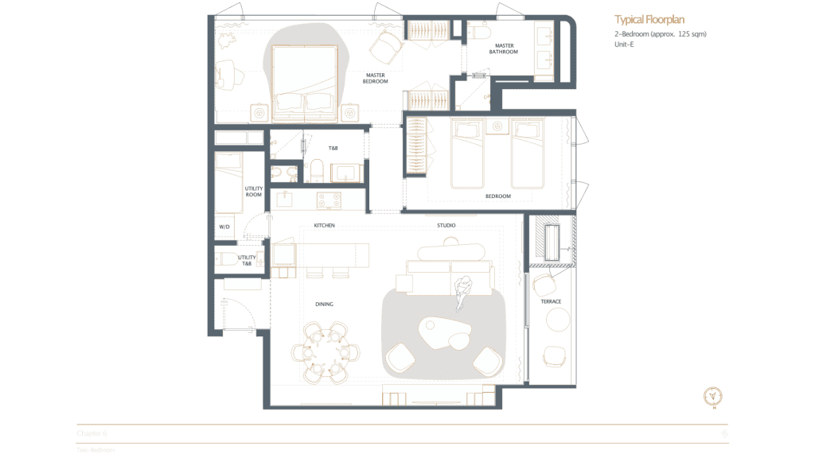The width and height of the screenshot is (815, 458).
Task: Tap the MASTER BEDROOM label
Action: pos(375,78)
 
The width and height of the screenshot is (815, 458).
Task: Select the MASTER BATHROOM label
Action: pos(504,49)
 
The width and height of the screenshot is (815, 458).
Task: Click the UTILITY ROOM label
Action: pos(253,192)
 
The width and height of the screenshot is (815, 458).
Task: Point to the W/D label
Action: pos(224,227)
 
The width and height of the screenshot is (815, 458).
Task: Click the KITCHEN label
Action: pos(324,226)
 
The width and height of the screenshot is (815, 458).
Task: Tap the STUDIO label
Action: pos(446,226)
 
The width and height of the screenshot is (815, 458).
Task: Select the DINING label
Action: pos(323,304)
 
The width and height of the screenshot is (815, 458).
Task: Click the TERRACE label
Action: pos(551,301)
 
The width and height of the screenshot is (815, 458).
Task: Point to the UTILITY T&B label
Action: pos(247,260)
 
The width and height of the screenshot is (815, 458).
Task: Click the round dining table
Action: pos(324,351)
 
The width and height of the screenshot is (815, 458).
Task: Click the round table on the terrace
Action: pos(557,320)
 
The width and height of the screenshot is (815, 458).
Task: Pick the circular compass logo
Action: pos(714,398)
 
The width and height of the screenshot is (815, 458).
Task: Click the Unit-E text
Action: pos(624,45)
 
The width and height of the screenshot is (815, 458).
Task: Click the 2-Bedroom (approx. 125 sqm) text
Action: pos(660,34)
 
